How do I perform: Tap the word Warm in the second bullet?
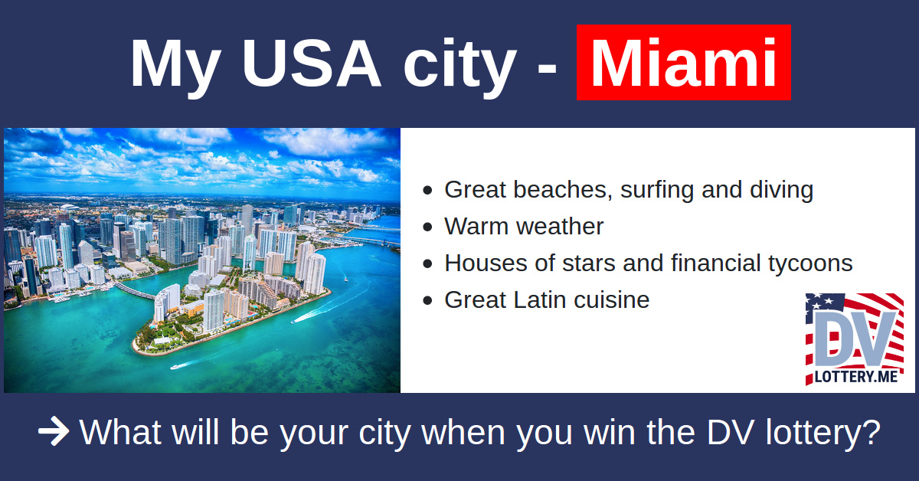tap(476, 226)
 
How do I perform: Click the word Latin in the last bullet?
tap(539, 299)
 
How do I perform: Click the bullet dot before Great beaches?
tap(427, 190)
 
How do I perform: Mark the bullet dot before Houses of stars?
tap(427, 263)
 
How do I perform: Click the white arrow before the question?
tap(54, 431)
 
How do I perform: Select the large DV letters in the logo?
tap(854, 339)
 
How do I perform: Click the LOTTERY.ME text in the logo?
tap(856, 377)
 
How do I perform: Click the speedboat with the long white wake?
tap(294, 322)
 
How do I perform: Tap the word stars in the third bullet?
tap(588, 263)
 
